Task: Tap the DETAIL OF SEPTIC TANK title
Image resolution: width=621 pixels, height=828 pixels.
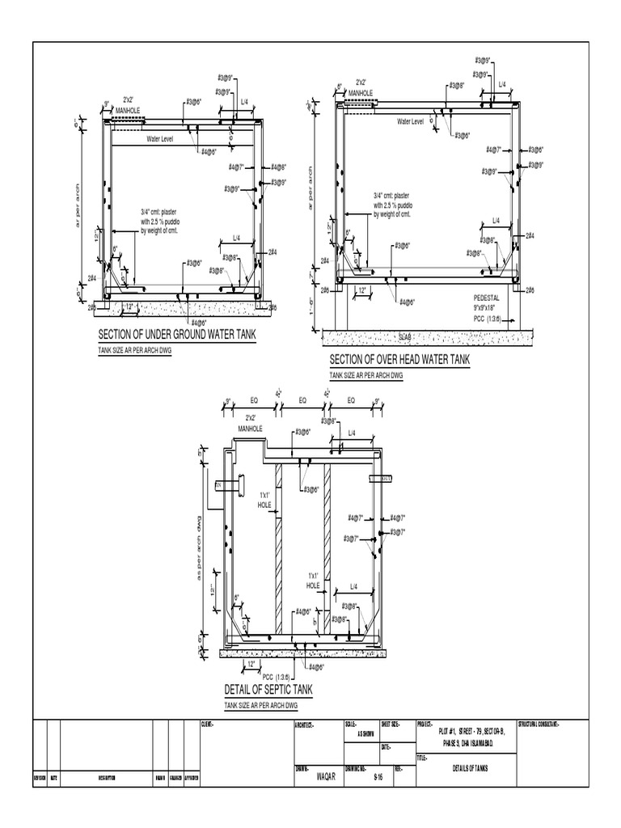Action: pos(268,690)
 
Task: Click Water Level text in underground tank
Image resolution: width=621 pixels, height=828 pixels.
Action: pos(159,139)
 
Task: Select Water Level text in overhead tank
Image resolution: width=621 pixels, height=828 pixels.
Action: pos(410,121)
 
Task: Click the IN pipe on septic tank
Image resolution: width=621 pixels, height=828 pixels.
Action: pos(221,484)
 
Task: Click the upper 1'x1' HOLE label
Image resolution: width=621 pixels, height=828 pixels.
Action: pos(264,499)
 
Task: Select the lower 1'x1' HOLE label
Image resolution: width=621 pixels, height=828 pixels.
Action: pos(314,581)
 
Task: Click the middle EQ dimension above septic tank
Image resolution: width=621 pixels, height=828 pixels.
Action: pos(302,399)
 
